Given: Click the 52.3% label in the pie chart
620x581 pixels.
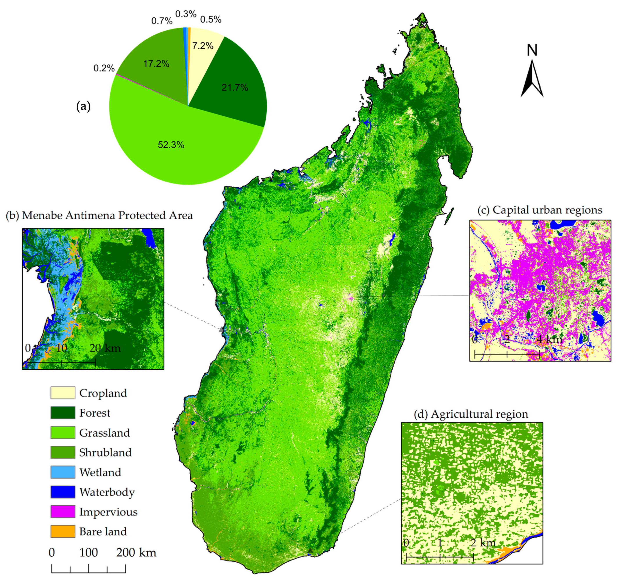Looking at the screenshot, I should (x=171, y=145).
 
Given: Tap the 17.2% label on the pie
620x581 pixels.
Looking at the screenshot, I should (x=156, y=64).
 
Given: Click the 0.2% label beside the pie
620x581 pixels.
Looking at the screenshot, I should (x=104, y=68).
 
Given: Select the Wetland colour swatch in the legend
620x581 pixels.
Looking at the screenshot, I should (x=63, y=472).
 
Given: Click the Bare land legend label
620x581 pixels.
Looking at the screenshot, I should (x=103, y=531).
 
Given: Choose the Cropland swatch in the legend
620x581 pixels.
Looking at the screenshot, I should (x=63, y=393).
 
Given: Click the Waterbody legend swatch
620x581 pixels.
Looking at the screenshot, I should (x=63, y=492).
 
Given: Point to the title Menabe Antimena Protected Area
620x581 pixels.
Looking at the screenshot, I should (x=99, y=216).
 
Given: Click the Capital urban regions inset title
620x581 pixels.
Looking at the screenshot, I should (x=540, y=210).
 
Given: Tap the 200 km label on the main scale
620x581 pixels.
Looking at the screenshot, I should (x=136, y=553).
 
